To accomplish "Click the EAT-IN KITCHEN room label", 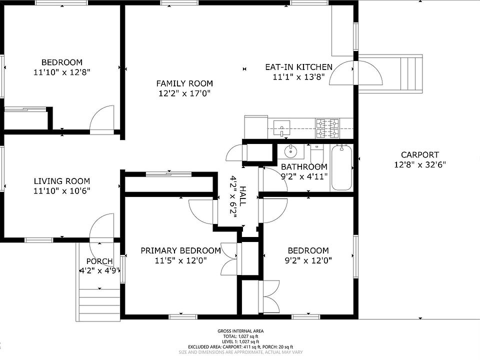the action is tap(298, 67).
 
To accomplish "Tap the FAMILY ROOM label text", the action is tap(184, 83).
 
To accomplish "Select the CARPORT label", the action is tap(419, 155).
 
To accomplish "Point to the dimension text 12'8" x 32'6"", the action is tap(419, 164).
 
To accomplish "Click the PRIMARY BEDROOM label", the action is tap(180, 250).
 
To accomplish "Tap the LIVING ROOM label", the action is tap(62, 181).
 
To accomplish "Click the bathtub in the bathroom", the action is tap(341, 167).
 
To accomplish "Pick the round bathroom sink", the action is tap(289, 151).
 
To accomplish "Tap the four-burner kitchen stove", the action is tap(327, 128).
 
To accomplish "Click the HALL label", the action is tap(242, 196).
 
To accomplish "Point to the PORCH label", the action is tap(99, 261).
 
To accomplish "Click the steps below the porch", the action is tap(99, 305).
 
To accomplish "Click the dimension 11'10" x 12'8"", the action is tap(62, 72).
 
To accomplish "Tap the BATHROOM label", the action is tap(304, 167).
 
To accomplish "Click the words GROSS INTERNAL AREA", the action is tap(240, 331).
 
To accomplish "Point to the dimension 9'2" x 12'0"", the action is tap(308, 260).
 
